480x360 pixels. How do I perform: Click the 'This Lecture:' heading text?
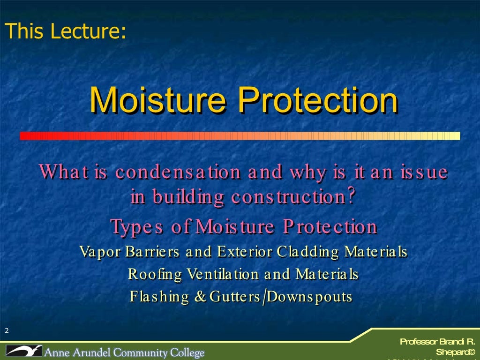click(65, 31)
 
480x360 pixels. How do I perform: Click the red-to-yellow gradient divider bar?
click(240, 136)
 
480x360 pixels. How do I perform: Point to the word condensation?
click(178, 172)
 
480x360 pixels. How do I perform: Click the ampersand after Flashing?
click(201, 297)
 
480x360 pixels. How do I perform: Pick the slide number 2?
click(7, 331)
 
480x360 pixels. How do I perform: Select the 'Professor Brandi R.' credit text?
click(437, 342)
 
